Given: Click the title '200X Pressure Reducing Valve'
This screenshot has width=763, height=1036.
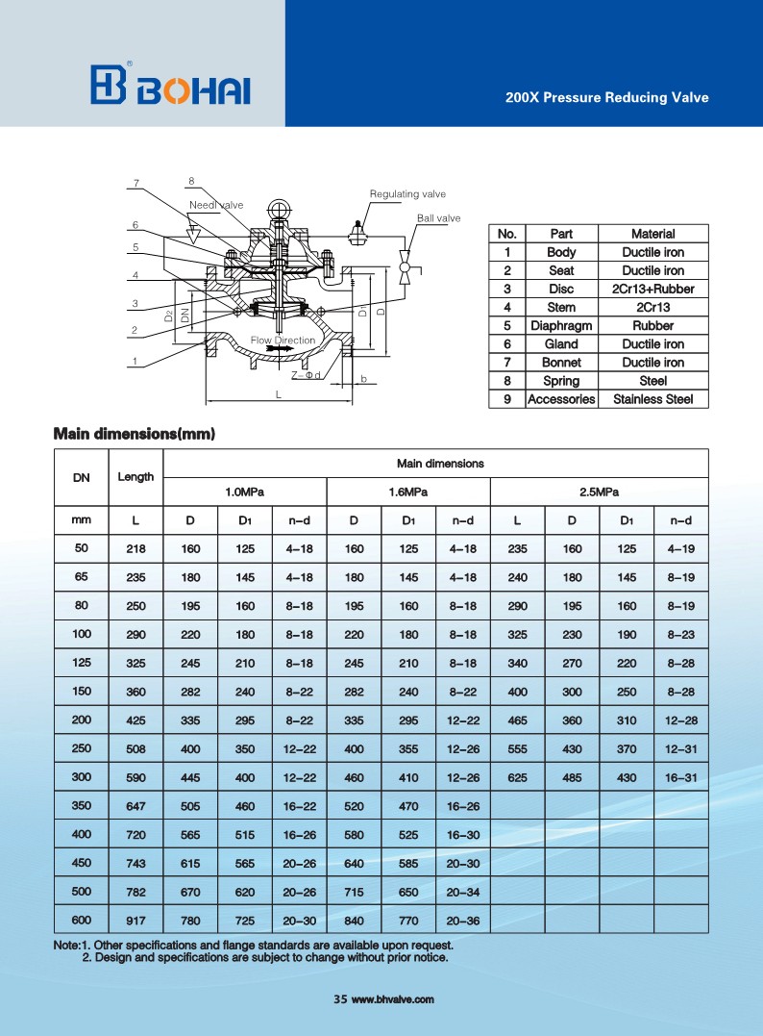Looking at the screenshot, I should [606, 97].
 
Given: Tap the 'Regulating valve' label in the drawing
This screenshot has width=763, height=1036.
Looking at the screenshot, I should [407, 194].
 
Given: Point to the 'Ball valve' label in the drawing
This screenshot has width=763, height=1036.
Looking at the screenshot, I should [438, 218].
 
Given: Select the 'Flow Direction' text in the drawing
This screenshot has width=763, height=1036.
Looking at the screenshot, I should [283, 341].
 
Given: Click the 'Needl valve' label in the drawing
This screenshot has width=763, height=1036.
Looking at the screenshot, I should [216, 205].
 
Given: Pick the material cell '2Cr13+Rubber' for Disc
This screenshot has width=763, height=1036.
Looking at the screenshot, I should [652, 289].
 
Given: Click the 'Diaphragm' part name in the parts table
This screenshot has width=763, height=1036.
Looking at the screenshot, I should [561, 325].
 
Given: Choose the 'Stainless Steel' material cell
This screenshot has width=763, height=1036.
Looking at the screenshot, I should [652, 399].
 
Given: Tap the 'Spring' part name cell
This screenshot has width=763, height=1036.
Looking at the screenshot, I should [561, 381].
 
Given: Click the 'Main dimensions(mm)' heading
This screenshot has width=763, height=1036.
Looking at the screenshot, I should [134, 434].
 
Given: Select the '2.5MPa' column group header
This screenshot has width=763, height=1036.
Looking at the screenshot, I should [599, 493].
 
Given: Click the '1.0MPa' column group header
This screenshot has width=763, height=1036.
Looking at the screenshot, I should [244, 493].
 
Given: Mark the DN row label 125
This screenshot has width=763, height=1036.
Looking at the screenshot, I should [82, 663].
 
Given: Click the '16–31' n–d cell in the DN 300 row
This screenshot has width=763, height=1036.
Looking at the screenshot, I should [680, 776].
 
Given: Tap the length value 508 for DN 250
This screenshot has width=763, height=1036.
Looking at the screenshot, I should [135, 747].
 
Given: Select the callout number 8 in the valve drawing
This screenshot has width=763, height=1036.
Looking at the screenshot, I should [191, 181].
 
